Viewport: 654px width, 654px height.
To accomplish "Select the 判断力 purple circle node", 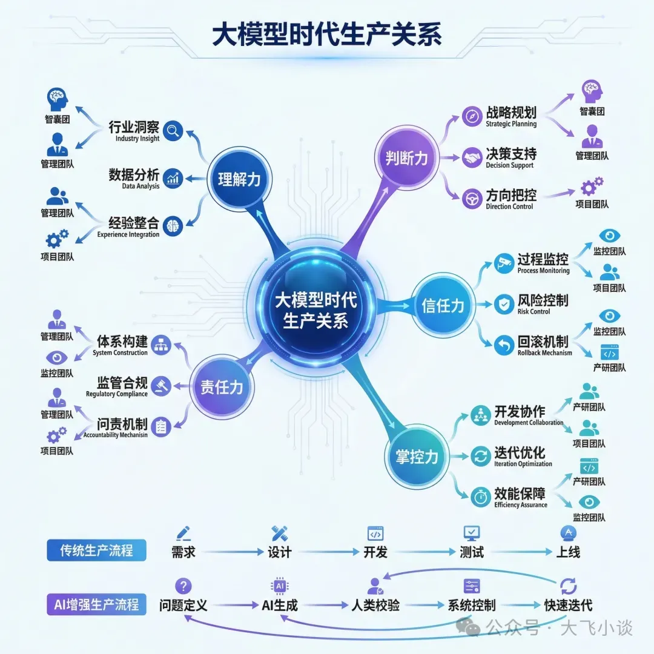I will pos(406,158).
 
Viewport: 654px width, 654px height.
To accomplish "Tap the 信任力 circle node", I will pos(443,305).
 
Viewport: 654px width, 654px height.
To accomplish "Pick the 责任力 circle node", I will pos(222,387).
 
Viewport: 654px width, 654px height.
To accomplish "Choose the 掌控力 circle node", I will pos(417,457).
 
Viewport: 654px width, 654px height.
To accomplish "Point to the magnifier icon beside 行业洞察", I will pos(173,130).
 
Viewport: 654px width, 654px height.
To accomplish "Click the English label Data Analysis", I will pos(140,187).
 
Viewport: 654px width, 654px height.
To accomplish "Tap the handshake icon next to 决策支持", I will pos(472,158).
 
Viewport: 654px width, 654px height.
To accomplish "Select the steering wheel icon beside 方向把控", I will pos(472,199).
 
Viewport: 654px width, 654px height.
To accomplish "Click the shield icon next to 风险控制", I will pos(504,304).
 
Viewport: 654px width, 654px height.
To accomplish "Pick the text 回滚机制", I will pos(543,342).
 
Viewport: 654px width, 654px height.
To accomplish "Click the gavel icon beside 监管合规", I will pos(161,386).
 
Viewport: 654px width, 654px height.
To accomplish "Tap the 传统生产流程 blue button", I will pos(96,551).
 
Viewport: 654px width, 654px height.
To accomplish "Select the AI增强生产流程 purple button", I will pos(96,604).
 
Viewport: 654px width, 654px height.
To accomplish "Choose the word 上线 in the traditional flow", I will pos(568,552).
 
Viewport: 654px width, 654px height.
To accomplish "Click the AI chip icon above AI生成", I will pos(280,586).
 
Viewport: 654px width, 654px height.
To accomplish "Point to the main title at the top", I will pos(327,35).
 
